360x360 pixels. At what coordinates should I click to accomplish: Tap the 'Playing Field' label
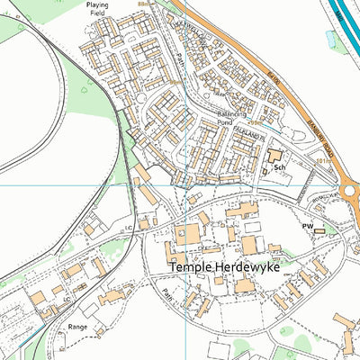pyautogui.click(x=97, y=9)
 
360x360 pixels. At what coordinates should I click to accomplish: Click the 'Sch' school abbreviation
pyautogui.click(x=280, y=167)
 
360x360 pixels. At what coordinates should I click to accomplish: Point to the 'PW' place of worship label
pyautogui.click(x=307, y=226)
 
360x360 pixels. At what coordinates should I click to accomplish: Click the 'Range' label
pyautogui.click(x=78, y=327)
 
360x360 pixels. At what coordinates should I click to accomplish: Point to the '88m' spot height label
pyautogui.click(x=141, y=4)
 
